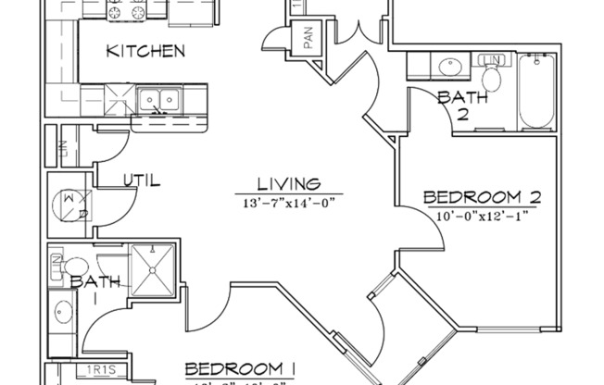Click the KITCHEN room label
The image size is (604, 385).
tap(145, 51)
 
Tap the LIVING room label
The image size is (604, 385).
tap(289, 184)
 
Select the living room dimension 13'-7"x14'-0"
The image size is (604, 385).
tap(288, 203)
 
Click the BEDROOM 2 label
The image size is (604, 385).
tap(481, 197)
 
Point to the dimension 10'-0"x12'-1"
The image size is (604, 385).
tap(482, 216)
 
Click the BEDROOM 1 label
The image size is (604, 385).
tap(239, 368)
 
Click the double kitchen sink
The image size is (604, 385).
tap(158, 98)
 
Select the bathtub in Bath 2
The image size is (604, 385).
tap(536, 93)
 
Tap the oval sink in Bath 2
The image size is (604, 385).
tap(451, 67)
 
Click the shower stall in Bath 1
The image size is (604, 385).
tap(153, 268)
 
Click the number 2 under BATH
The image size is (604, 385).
tap(459, 114)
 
